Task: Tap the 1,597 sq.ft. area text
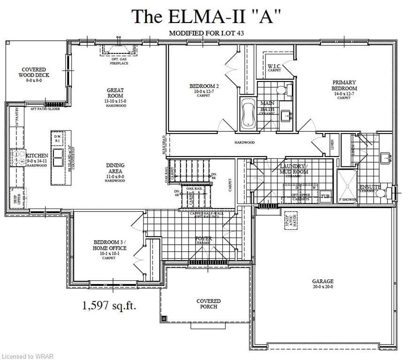[113, 306]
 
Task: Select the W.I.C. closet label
[274, 67]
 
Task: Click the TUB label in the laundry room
[325, 196]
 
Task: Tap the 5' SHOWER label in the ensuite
[348, 200]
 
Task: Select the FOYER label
[203, 240]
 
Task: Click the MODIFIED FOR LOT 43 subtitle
[206, 33]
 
